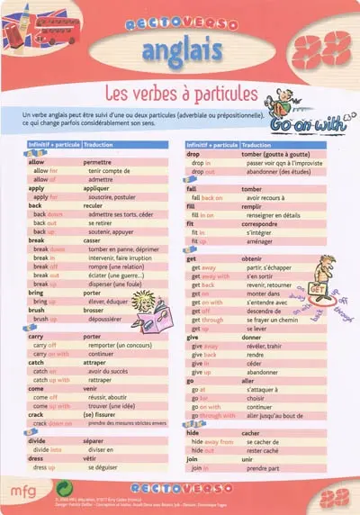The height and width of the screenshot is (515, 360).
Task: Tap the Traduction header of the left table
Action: click(x=99, y=144)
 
